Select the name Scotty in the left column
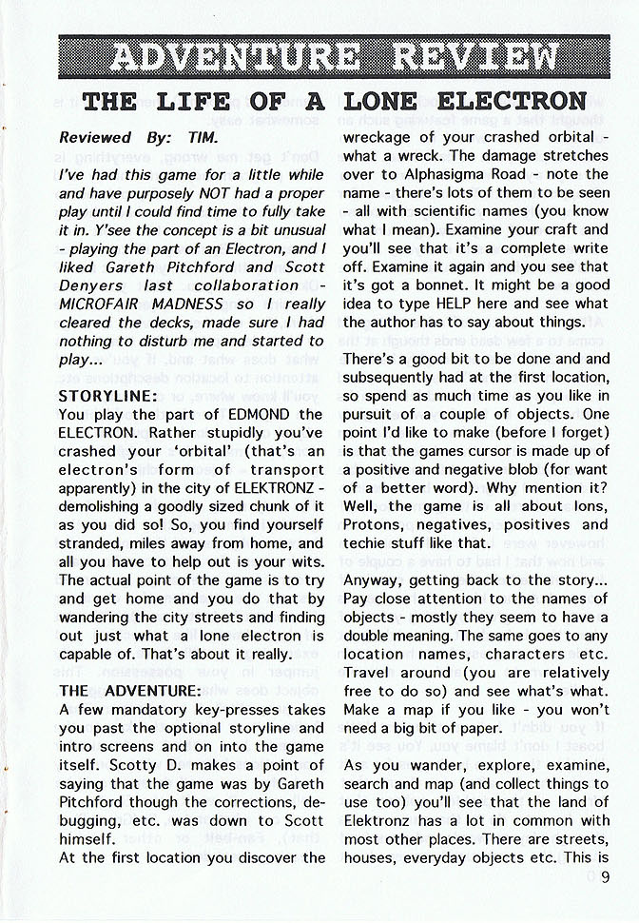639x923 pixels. click(x=93, y=764)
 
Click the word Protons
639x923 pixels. click(x=374, y=525)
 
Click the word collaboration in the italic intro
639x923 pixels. click(x=242, y=285)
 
